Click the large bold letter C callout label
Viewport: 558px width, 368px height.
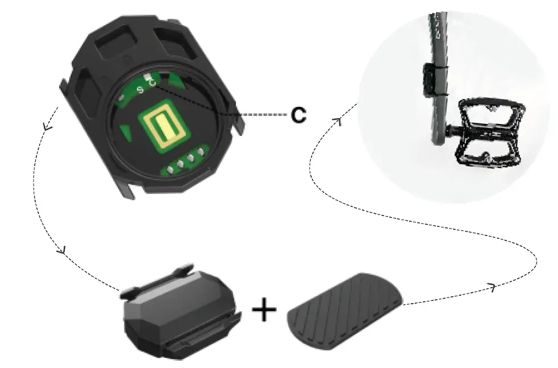tap(298, 115)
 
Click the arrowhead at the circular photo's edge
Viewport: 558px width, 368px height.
tap(338, 120)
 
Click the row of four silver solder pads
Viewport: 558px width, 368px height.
tap(185, 162)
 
